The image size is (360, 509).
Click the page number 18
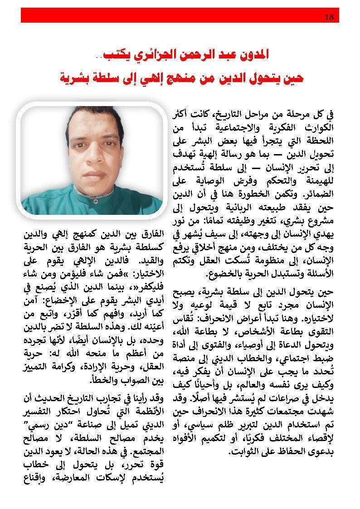click(330, 17)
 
